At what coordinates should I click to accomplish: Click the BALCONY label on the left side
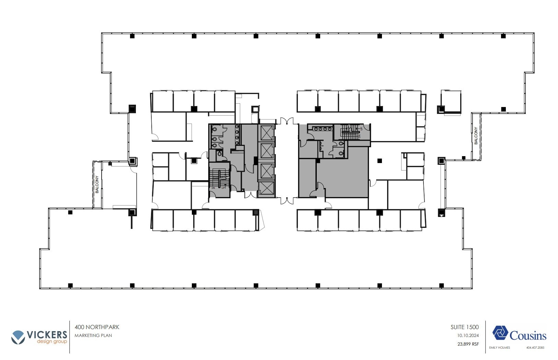pos(97,184)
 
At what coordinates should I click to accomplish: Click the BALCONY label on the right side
pos(476,136)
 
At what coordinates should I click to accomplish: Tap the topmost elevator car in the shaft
pos(266,132)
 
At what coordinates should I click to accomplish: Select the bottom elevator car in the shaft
pos(266,188)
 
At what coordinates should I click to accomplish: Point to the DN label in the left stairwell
pos(213,188)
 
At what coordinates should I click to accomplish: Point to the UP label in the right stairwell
pos(361,129)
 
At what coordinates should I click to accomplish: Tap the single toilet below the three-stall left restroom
pos(220,155)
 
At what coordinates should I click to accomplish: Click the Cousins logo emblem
pos(500,333)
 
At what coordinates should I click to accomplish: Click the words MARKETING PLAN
pos(93,335)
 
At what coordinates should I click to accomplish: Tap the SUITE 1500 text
pos(464,327)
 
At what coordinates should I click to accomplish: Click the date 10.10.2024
pos(468,335)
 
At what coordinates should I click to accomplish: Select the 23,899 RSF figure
pos(468,344)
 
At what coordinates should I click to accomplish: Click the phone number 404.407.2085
pos(535,348)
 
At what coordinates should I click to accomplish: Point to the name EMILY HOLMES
pos(499,348)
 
